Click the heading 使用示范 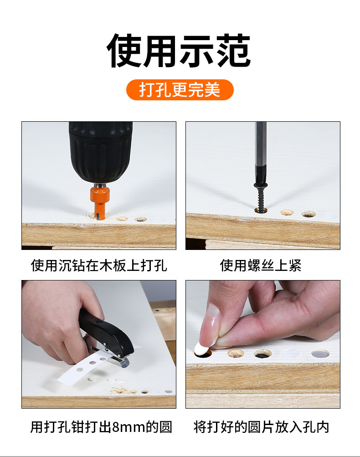(179, 51)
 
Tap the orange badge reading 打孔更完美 (180, 90)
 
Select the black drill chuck (101, 152)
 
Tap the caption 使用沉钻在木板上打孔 (99, 265)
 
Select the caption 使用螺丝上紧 (261, 265)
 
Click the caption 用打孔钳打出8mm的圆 (101, 427)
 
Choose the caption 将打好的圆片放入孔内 (261, 427)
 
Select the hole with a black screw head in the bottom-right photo (262, 354)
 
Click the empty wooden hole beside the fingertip (236, 353)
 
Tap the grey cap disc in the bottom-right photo (320, 353)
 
